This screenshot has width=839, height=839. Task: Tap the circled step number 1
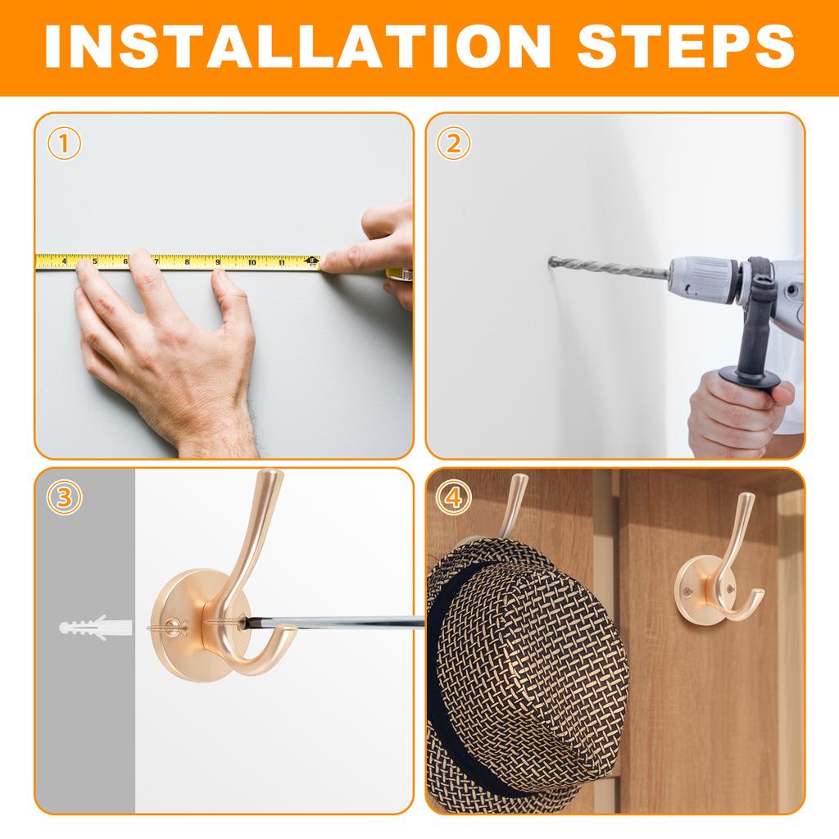pyautogui.click(x=64, y=144)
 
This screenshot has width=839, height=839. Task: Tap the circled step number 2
pyautogui.click(x=453, y=144)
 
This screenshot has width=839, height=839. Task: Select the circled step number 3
pyautogui.click(x=64, y=498)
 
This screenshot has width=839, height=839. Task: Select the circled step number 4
pyautogui.click(x=453, y=498)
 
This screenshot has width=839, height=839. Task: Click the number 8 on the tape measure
pyautogui.click(x=188, y=261)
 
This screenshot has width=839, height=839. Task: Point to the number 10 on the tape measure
pyautogui.click(x=252, y=262)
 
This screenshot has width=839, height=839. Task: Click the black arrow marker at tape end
pyautogui.click(x=312, y=260)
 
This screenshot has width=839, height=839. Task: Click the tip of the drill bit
pyautogui.click(x=550, y=261)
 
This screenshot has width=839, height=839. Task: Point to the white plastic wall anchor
pyautogui.click(x=96, y=628)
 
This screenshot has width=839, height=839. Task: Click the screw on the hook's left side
pyautogui.click(x=167, y=626)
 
